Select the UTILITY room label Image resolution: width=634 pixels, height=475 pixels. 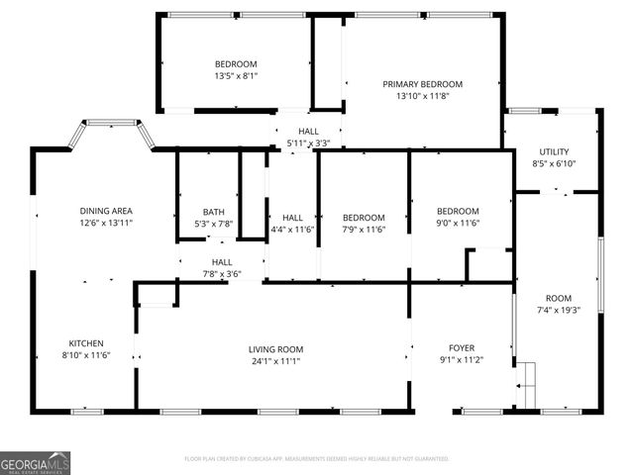(553, 151)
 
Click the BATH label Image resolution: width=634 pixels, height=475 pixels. (214, 212)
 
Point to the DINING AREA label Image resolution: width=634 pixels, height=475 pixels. (106, 211)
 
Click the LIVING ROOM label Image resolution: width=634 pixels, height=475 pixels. (275, 349)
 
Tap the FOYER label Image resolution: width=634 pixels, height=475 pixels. (462, 348)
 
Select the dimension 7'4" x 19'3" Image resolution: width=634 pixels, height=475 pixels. (559, 310)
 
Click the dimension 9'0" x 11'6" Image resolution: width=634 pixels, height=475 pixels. (458, 224)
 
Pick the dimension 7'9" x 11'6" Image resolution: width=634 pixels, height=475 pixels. (364, 230)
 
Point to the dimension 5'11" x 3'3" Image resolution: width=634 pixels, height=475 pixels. (308, 143)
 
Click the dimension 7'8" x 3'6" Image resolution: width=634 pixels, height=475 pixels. (222, 274)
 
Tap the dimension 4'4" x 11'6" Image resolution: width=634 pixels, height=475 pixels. (292, 230)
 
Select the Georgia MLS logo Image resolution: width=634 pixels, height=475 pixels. (35, 462)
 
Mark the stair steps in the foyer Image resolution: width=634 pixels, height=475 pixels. (525, 377)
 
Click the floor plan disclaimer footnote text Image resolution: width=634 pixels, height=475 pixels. (317, 459)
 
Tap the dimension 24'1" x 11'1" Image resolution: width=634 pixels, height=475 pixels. (275, 361)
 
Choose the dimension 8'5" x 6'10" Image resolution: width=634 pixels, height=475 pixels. (553, 163)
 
